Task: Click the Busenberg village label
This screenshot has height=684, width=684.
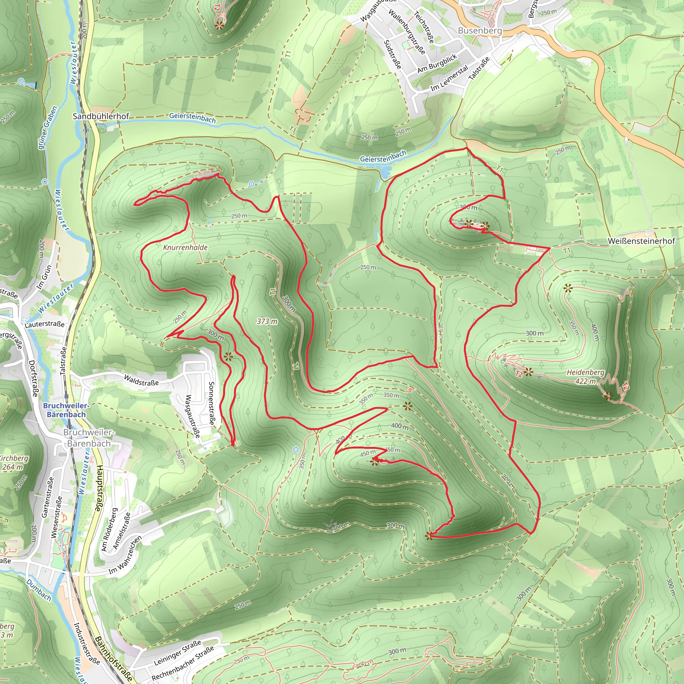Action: (480, 31)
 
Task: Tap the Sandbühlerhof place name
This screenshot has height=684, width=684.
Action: (101, 116)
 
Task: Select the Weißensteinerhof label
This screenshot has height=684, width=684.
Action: (641, 241)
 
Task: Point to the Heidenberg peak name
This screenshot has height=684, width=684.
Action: (585, 372)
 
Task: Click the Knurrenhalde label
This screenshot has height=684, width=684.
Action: (185, 247)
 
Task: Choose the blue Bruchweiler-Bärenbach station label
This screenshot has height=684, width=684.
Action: (66, 410)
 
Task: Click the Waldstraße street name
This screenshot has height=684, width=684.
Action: (141, 380)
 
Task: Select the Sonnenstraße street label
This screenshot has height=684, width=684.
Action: (212, 403)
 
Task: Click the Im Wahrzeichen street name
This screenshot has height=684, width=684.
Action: (125, 555)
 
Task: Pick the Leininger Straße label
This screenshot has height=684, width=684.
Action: (177, 653)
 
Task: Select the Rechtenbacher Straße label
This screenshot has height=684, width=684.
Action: (183, 663)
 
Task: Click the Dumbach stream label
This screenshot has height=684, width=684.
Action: (39, 590)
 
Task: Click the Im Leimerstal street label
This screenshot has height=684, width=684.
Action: (449, 77)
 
